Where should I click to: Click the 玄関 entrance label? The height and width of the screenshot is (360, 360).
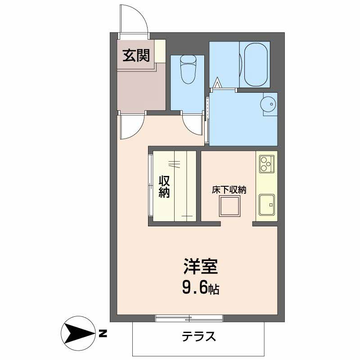(x=136, y=55)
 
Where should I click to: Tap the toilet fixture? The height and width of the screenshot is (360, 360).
(x=188, y=69)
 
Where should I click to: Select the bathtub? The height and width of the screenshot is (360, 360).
(x=256, y=65)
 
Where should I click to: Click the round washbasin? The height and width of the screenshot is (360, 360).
(x=268, y=104)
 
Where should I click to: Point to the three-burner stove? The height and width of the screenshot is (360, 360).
(x=267, y=164)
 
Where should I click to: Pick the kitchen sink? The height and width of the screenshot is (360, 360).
(x=267, y=205)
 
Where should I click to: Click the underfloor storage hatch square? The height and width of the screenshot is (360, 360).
(x=229, y=206)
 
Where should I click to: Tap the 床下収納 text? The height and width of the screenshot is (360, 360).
(x=229, y=189)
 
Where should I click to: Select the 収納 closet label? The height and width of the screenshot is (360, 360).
(x=164, y=187)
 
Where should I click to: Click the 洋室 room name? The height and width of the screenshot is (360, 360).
(x=200, y=266)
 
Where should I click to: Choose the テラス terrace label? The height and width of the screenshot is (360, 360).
(x=199, y=337)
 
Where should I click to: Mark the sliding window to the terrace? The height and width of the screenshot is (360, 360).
(x=189, y=318)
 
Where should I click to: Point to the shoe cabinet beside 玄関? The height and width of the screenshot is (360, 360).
(x=160, y=51)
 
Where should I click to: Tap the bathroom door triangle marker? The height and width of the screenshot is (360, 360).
(x=217, y=83)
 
